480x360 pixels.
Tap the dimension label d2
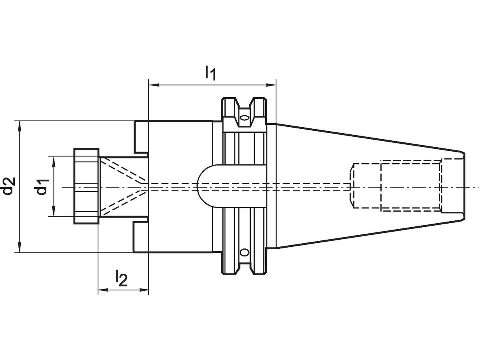[x=9, y=186]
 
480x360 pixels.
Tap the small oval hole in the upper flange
[x=244, y=118]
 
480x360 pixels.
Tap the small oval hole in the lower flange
[x=244, y=252]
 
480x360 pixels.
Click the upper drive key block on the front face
[x=141, y=136]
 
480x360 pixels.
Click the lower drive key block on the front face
[x=141, y=237]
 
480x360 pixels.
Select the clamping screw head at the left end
[x=86, y=186]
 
